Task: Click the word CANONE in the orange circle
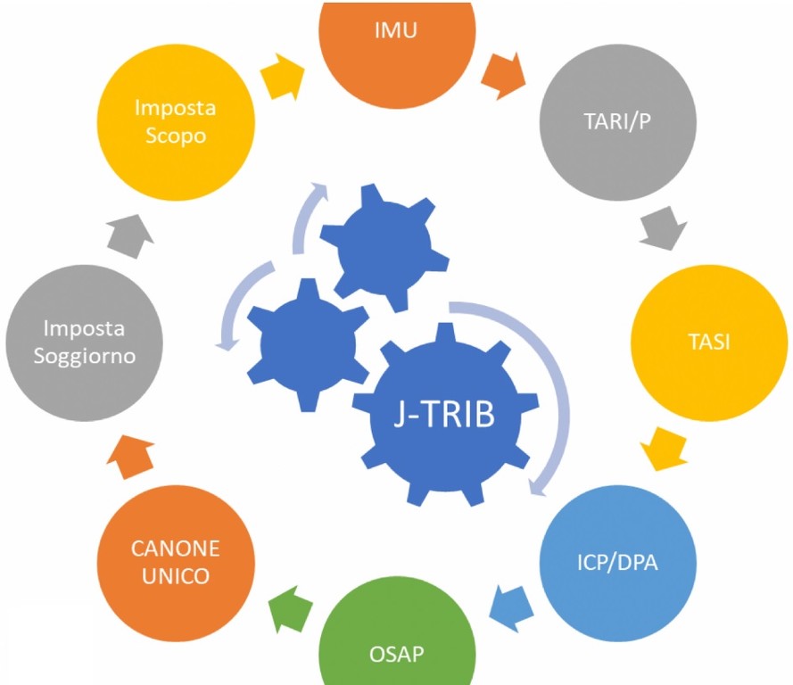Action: (x=174, y=547)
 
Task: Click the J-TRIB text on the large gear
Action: (x=444, y=416)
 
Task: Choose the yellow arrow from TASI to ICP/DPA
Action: (x=665, y=449)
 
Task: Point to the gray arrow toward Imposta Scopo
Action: (x=125, y=234)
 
